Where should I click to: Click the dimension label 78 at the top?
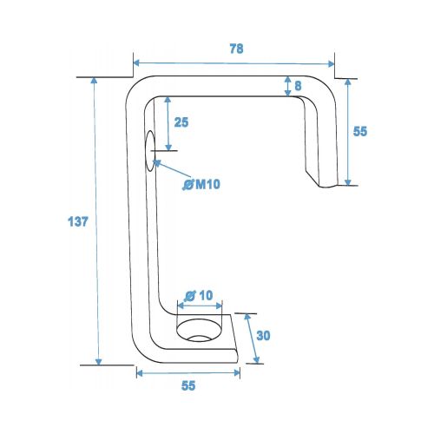[236, 49]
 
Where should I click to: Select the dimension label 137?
[77, 221]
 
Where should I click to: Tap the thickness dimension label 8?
[298, 86]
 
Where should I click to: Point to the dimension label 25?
[181, 122]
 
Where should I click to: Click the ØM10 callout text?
[201, 184]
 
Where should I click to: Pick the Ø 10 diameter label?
[199, 295]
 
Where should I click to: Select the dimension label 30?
[263, 336]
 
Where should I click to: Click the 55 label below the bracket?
[188, 385]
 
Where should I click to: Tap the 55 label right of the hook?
[360, 131]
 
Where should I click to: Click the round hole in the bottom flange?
[200, 330]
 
